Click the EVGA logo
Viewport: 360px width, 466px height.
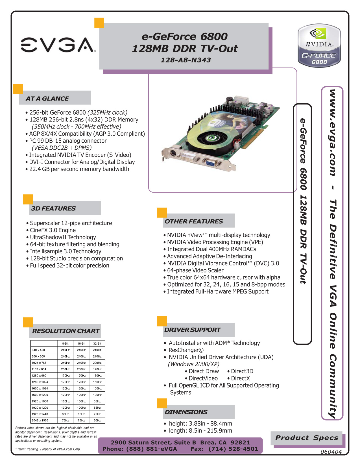tap(58, 45)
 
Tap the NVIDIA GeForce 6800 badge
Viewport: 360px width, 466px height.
tap(319, 46)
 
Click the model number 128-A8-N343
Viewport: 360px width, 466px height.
tap(186, 60)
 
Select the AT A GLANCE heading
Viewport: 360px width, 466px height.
tap(47, 99)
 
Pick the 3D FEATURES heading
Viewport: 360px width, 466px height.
tap(53, 208)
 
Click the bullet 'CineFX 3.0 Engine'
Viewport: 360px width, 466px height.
tap(53, 230)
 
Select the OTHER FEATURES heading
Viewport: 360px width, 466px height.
tap(194, 221)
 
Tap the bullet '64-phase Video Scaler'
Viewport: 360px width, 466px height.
tap(195, 270)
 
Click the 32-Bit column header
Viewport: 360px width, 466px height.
tap(97, 343)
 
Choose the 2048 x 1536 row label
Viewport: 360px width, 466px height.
tap(40, 421)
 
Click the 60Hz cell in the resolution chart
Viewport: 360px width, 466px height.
tap(97, 421)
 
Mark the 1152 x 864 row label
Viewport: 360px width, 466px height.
tap(39, 369)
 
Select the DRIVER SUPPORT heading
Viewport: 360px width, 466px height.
tap(192, 330)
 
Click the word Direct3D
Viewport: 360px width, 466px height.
tap(242, 371)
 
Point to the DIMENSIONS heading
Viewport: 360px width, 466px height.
tap(186, 412)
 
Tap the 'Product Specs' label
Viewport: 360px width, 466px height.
tap(307, 438)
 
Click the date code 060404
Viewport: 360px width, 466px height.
tap(331, 452)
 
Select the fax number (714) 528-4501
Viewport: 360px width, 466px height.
tap(233, 449)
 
